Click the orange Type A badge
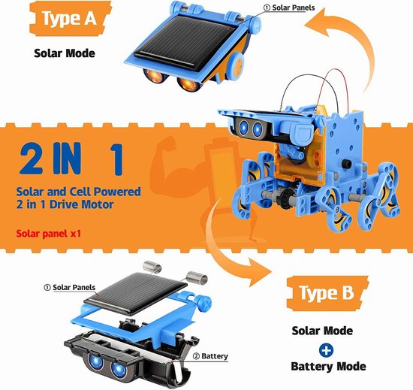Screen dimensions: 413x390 [70, 19]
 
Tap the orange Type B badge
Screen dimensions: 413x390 [327, 293]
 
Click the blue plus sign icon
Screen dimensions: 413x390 [326, 350]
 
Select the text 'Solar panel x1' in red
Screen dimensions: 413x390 [49, 234]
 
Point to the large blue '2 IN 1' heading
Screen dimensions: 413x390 [71, 159]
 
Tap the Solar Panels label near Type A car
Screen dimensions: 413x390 [289, 8]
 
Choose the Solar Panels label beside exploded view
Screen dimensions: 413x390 [70, 287]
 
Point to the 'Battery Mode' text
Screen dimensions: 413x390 [328, 367]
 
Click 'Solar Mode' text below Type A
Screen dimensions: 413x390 [65, 53]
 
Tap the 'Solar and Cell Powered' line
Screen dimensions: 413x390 [79, 192]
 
